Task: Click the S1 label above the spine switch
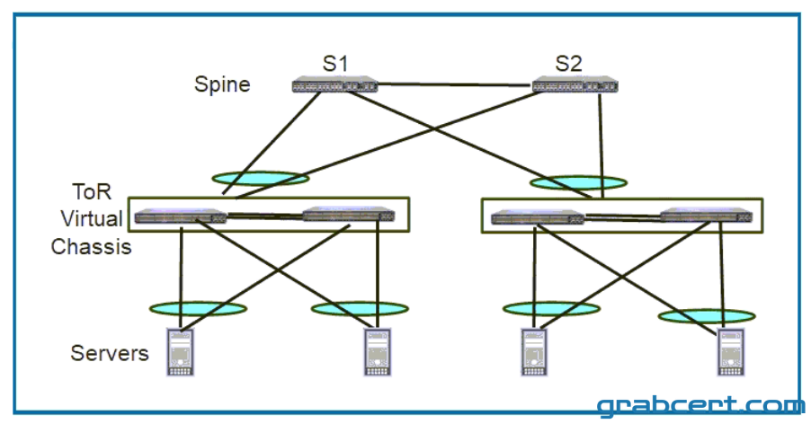tap(335, 64)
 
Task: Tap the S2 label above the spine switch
tap(568, 64)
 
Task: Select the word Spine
tap(222, 84)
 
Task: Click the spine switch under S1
tap(334, 85)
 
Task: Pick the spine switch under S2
tap(575, 85)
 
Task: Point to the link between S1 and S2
tap(455, 84)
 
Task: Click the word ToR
tap(92, 191)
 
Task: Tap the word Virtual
tap(92, 218)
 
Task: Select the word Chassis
tap(91, 246)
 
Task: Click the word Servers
tap(110, 353)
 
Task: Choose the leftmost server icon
tap(180, 352)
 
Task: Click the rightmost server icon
tap(730, 352)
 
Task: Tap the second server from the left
tap(378, 352)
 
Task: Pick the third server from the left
tap(534, 352)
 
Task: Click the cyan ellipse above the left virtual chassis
tap(261, 179)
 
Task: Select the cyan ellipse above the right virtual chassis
tap(579, 182)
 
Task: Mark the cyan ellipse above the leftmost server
tap(198, 309)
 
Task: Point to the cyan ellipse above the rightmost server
tap(707, 315)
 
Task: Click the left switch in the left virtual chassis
tap(181, 216)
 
